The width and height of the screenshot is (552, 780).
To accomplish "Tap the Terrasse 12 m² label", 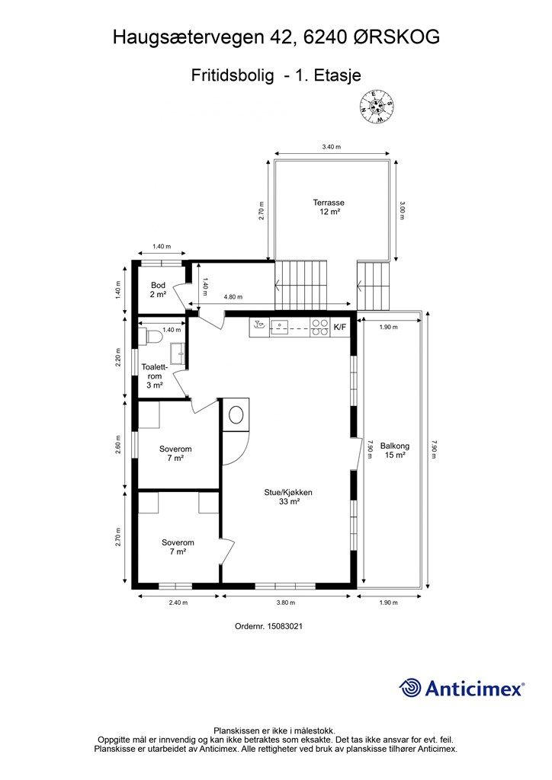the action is coord(329,207).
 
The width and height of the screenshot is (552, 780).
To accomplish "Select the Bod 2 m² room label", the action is coord(158,289).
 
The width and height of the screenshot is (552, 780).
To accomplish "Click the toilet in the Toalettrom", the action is coord(154,337).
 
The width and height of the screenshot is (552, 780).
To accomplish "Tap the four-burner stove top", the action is coord(319,328).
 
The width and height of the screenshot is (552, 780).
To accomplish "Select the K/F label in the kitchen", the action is coord(340,328).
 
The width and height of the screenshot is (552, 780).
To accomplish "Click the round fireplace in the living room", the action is coord(236,414).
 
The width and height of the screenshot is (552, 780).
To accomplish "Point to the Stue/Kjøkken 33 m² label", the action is coord(288,497).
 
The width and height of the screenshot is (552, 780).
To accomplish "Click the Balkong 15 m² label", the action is coord(395,450).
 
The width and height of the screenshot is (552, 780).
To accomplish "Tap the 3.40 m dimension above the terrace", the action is coord(332,147).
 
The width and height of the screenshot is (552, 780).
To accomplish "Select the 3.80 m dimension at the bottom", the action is coord(286,603).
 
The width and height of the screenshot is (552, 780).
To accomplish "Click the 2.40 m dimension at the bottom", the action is coord(178,603).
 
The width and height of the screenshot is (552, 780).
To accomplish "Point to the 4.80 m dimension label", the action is coord(233,297).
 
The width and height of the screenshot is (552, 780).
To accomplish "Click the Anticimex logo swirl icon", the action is coord(410,688).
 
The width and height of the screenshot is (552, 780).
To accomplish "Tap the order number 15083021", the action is coord(284,626).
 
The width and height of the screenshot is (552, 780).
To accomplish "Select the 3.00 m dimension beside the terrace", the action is coord(402,210).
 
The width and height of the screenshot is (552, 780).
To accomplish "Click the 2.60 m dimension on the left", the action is coord(118,445).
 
